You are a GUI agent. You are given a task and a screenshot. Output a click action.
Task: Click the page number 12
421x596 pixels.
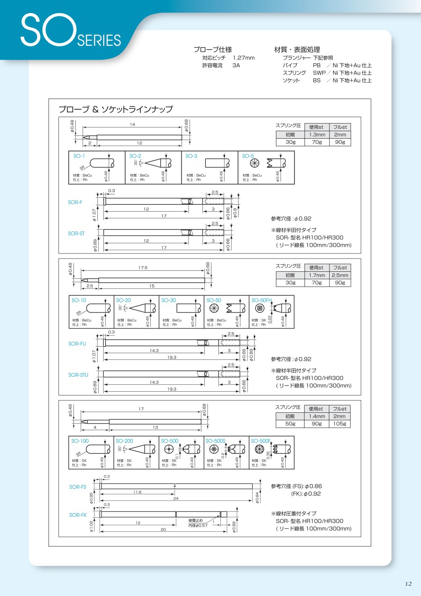pos(408,583)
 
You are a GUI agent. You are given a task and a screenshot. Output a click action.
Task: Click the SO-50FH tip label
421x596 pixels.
pos(262,300)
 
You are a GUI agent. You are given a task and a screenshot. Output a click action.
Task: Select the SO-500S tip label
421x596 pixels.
pos(215,441)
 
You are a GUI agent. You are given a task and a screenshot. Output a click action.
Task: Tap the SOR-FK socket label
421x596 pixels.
pos(78,515)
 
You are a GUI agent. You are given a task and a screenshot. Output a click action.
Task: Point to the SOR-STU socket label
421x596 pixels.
pos(78,375)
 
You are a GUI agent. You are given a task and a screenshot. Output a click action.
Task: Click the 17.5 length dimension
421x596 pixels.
pos(143,268)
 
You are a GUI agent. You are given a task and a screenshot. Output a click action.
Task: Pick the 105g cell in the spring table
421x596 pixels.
pos(339,424)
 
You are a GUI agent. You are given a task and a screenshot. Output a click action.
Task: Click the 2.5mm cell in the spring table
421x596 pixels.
pos(339,276)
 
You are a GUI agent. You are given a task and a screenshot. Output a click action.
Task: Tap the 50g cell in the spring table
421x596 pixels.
pos(290,424)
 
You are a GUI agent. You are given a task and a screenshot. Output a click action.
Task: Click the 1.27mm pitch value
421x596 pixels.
pos(244,58)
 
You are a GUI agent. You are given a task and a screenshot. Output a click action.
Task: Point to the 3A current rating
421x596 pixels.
pos(236,65)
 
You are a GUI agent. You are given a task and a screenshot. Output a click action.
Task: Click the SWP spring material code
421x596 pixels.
pos(319,73)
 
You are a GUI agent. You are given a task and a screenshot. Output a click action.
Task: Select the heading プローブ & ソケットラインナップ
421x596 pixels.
pos(116,109)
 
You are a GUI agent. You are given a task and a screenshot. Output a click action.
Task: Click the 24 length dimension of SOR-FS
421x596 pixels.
pos(176,499)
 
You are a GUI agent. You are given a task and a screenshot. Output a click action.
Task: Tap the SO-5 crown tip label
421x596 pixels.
pos(248,156)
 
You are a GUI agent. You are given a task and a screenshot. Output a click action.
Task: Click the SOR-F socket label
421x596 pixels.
pos(75,201)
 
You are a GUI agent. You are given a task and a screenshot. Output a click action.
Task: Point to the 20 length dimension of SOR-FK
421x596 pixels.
pos(163,529)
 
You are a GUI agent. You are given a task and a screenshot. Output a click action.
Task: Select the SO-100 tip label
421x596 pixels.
pos(80,441)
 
